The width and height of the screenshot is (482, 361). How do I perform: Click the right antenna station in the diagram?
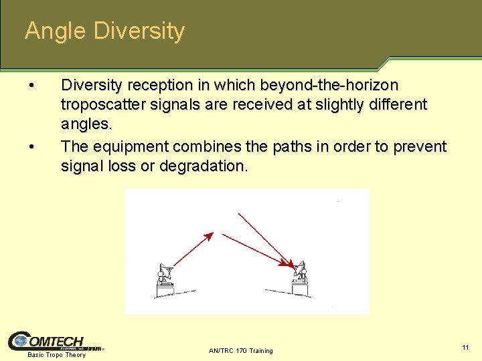click(299, 280)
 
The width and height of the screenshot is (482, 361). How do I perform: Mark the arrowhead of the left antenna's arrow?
click(210, 235)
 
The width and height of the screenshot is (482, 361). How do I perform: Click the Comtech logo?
click(56, 341)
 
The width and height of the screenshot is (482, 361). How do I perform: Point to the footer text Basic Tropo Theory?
click(56, 355)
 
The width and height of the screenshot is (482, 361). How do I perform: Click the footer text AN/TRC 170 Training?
click(241, 350)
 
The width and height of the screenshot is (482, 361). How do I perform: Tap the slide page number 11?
click(465, 348)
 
